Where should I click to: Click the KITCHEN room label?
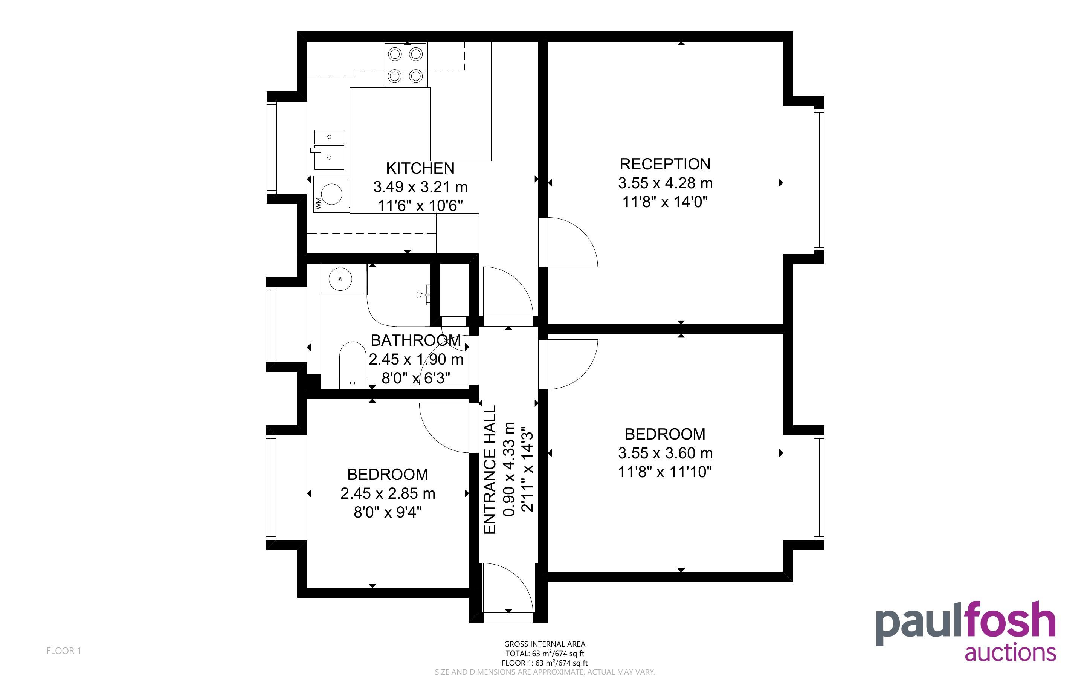tap(420, 168)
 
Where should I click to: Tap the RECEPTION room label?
tap(665, 164)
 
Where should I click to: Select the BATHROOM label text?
tap(415, 340)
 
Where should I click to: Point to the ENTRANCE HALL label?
tap(489, 469)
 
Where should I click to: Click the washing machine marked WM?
tap(332, 194)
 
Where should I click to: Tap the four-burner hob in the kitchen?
tap(405, 64)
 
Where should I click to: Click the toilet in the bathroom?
tap(352, 365)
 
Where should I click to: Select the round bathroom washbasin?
tap(341, 279)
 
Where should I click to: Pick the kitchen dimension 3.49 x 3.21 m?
tap(420, 186)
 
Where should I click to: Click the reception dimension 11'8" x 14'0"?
tap(665, 202)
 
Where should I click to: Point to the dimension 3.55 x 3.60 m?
tap(665, 453)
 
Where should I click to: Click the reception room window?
tap(818, 180)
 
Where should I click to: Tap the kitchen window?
tap(272, 147)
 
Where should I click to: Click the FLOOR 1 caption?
tap(64, 650)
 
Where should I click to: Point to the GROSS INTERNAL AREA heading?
tap(545, 644)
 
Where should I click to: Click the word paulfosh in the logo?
tap(966, 624)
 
